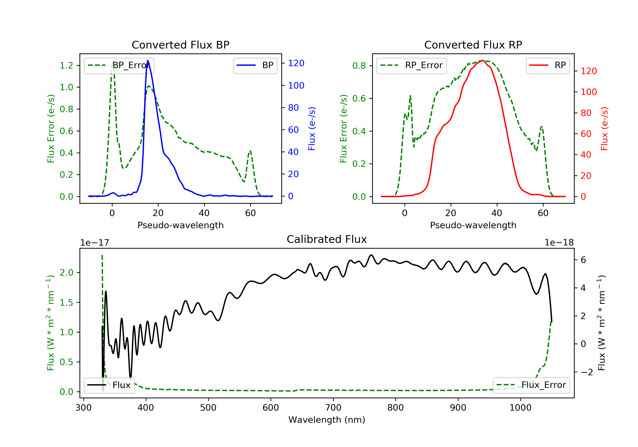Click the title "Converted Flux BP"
(x=180, y=45)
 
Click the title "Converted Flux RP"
(x=473, y=45)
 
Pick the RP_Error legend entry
(x=412, y=65)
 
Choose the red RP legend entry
(x=548, y=65)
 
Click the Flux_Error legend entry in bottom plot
(x=531, y=385)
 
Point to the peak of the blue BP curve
(x=148, y=60)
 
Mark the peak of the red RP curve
(x=483, y=60)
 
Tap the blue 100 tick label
(x=296, y=85)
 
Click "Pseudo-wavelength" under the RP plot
(x=473, y=225)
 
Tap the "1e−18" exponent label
(x=559, y=243)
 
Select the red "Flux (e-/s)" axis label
(x=604, y=129)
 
